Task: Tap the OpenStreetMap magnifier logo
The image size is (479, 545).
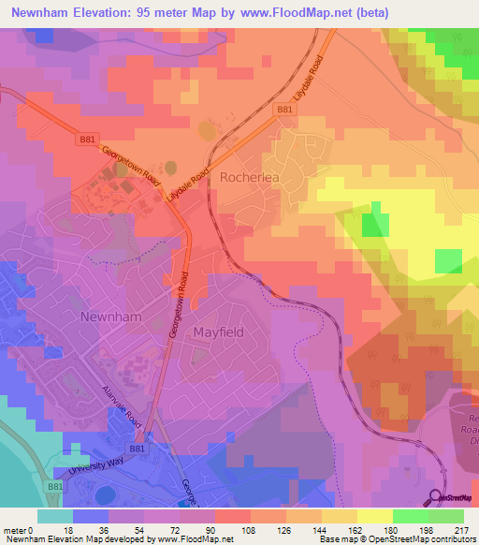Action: tap(437, 497)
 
